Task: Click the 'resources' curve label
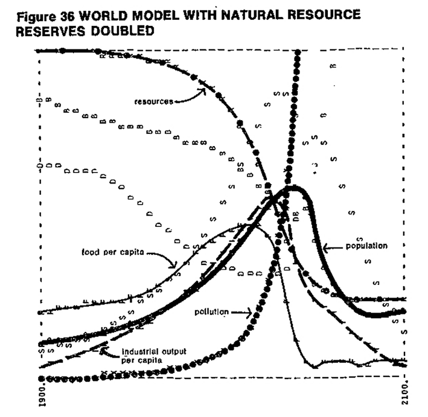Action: [153, 101]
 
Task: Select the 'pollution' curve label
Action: [211, 312]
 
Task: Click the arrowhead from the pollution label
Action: [254, 313]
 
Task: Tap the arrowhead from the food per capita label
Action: [174, 266]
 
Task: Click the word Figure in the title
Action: [37, 14]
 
